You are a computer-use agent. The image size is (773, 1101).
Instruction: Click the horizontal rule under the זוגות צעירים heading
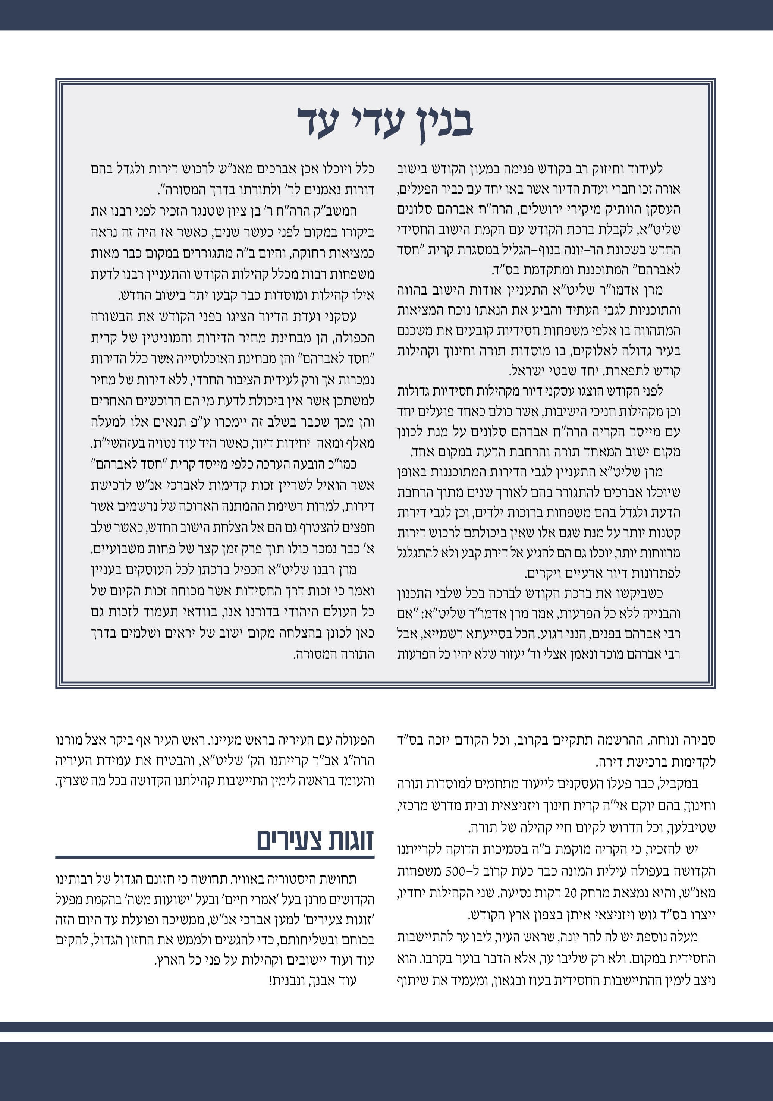215,857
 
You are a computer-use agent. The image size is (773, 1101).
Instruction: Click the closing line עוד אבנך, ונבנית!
313,981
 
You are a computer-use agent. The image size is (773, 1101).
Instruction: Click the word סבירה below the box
698,740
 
